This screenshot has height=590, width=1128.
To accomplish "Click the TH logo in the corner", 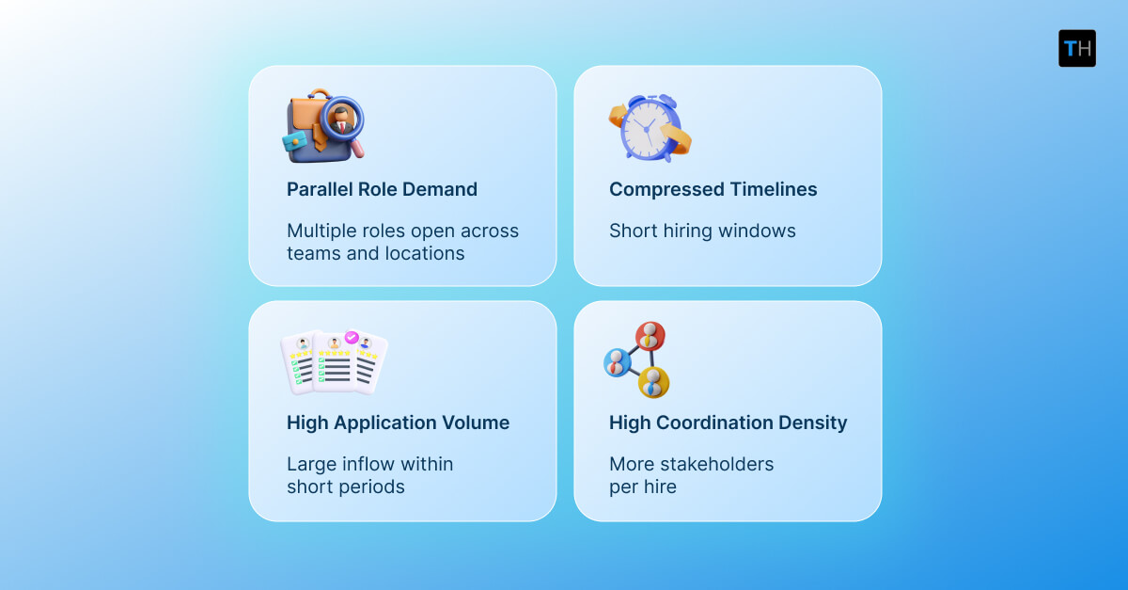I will click(1076, 48).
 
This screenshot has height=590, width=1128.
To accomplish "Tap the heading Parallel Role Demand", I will click(382, 189).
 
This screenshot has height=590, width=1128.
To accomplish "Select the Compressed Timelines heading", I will click(713, 189).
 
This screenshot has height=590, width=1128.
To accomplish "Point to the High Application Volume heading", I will click(398, 423).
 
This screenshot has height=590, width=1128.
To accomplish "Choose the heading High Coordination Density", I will click(728, 423).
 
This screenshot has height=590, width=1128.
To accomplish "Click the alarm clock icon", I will click(648, 128).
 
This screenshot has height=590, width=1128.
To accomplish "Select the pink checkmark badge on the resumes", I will click(352, 337).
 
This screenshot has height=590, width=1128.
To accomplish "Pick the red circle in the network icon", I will click(650, 336).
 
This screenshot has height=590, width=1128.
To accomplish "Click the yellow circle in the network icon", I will click(653, 381).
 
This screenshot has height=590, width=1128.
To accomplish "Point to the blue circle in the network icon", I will click(618, 360).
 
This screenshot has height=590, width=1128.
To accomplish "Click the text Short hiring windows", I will click(702, 231).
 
